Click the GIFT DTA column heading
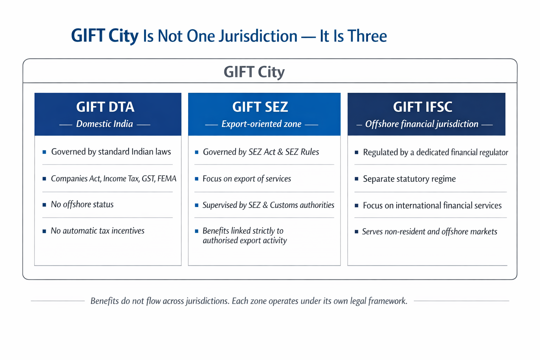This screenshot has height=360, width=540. [x=105, y=107]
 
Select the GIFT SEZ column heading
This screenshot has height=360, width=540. [x=260, y=107]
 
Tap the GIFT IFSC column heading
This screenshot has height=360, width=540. [x=423, y=107]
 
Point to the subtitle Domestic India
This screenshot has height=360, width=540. [x=104, y=124]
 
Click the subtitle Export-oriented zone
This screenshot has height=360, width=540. [x=261, y=124]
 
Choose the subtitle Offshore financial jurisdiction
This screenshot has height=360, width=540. [x=422, y=124]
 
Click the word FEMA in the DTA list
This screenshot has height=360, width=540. [x=167, y=179]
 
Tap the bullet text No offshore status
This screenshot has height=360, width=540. [x=82, y=205]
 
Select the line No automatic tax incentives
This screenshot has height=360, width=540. [x=97, y=231]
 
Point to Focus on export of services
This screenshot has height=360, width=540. [x=246, y=179]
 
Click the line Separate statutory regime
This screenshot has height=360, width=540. [x=409, y=179]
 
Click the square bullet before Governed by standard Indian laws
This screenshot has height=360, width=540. [x=44, y=152]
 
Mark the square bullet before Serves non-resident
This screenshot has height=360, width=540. [x=356, y=232]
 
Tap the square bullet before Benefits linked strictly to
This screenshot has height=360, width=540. [x=197, y=231]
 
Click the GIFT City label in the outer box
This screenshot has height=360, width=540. [x=254, y=72]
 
